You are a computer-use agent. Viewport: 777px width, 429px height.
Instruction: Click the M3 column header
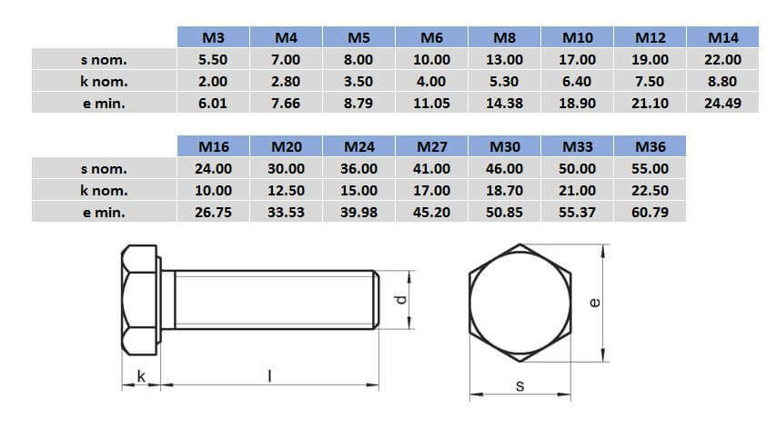(x=213, y=37)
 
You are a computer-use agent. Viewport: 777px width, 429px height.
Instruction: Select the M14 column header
(x=722, y=37)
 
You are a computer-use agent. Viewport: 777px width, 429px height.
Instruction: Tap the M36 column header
(x=650, y=145)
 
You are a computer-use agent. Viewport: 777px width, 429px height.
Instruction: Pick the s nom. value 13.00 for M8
(x=504, y=59)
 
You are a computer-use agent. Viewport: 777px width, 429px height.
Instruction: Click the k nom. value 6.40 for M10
(x=577, y=81)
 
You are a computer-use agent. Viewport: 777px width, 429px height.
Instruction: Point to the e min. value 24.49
(x=722, y=103)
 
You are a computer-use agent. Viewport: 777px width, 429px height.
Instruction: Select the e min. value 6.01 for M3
(x=213, y=103)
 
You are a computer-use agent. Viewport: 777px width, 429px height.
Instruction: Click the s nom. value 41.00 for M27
(x=431, y=168)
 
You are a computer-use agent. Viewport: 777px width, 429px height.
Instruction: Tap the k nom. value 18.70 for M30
(x=504, y=190)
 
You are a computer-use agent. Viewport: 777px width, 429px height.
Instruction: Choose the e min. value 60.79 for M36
(x=650, y=212)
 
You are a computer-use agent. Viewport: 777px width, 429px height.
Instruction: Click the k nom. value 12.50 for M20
(x=286, y=190)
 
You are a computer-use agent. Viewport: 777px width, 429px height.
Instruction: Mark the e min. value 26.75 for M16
(x=213, y=212)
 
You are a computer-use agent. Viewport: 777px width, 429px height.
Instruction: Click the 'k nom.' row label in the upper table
(x=103, y=81)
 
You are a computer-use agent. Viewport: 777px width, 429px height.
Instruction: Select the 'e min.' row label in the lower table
(x=103, y=212)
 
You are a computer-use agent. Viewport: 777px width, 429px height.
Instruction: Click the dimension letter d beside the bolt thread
(x=399, y=300)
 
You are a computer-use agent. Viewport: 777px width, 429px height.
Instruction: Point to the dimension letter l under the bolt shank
(x=269, y=374)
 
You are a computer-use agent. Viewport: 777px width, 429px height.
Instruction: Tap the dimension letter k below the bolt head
(x=140, y=374)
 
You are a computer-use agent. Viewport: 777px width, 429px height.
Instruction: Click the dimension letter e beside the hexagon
(x=593, y=302)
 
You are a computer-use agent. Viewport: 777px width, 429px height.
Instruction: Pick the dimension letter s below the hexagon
(x=520, y=385)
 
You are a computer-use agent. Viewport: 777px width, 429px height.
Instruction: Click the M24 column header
(x=358, y=145)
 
